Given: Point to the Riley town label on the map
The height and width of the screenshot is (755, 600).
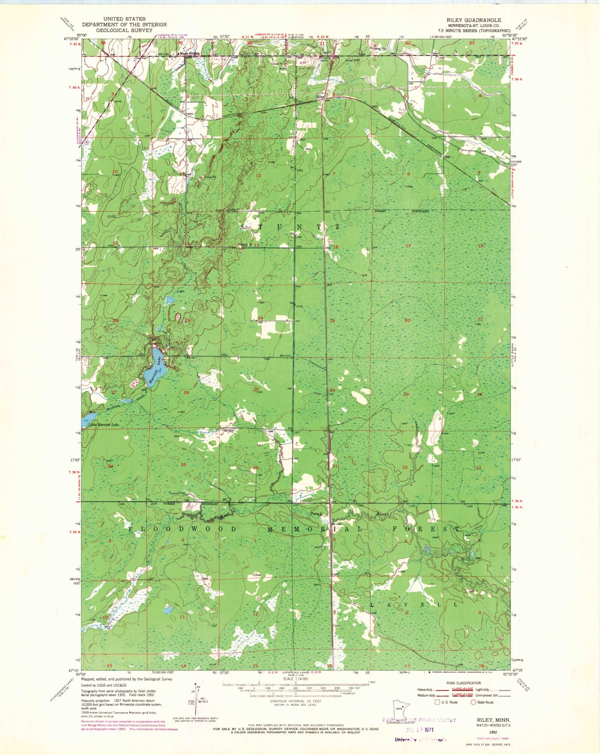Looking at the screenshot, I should [x=320, y=96].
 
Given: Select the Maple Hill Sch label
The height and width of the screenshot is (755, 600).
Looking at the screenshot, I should [x=189, y=53].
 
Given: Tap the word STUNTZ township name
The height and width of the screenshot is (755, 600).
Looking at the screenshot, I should [x=289, y=227].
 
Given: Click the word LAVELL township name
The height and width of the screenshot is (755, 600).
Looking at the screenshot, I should [x=414, y=605].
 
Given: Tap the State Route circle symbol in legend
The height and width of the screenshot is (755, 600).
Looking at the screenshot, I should [x=474, y=702].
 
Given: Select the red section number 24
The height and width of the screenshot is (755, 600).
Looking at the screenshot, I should [x=260, y=318].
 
